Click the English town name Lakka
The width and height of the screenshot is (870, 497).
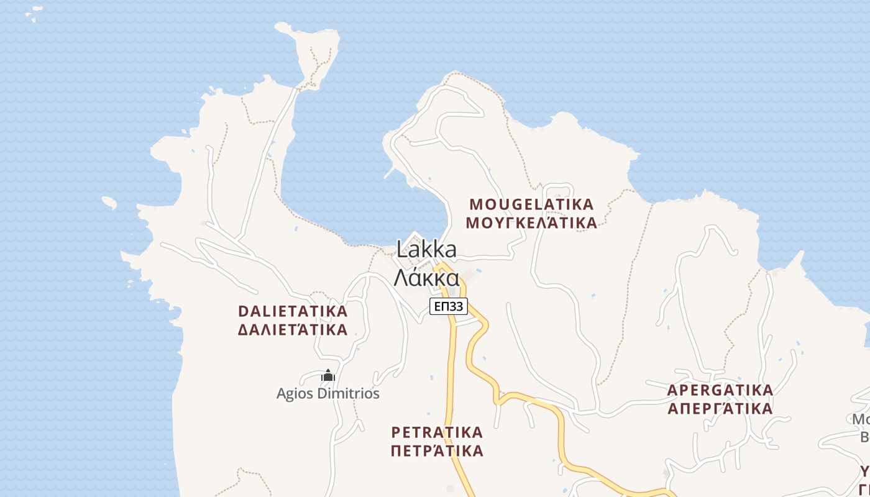426,250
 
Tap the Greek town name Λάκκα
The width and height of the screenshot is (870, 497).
426,277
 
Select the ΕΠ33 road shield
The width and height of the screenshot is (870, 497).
448,306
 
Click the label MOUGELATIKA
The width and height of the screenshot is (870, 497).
531,204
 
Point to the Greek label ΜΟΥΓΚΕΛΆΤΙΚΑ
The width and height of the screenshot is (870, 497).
531,223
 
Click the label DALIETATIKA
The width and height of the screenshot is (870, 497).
293,311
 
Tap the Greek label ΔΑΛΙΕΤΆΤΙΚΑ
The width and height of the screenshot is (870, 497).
293,330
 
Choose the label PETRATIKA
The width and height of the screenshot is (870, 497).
437,432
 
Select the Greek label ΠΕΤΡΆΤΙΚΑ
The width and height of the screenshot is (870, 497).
437,450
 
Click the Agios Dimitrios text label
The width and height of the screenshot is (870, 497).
327,393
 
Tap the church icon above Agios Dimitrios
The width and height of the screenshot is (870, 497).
328,376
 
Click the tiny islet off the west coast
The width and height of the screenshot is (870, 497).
109,203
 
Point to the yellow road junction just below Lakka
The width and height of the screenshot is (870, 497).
442,268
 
